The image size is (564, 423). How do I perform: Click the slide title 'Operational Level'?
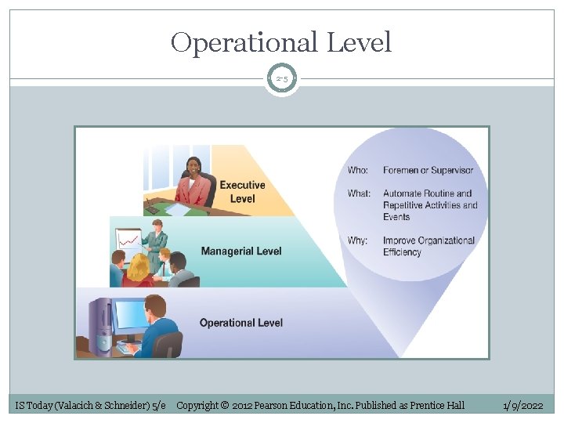tap(281, 42)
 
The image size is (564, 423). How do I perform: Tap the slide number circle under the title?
tap(281, 79)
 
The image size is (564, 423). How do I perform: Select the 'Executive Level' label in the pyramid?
tap(242, 192)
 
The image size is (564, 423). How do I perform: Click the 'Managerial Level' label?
tap(241, 251)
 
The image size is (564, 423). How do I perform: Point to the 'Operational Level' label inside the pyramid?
tap(241, 323)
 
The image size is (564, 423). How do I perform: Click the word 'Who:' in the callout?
tap(358, 170)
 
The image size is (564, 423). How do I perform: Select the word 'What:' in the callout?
tap(359, 193)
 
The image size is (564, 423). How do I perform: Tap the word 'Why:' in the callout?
tap(357, 240)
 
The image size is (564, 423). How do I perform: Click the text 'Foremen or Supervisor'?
tap(428, 170)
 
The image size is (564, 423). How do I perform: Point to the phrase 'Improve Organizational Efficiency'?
tap(428, 246)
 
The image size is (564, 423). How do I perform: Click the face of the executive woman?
tap(193, 167)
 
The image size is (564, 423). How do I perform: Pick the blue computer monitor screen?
tap(131, 315)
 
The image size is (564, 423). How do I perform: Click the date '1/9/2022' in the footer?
tap(522, 405)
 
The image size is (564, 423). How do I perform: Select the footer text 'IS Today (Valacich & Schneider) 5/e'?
tap(91, 405)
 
